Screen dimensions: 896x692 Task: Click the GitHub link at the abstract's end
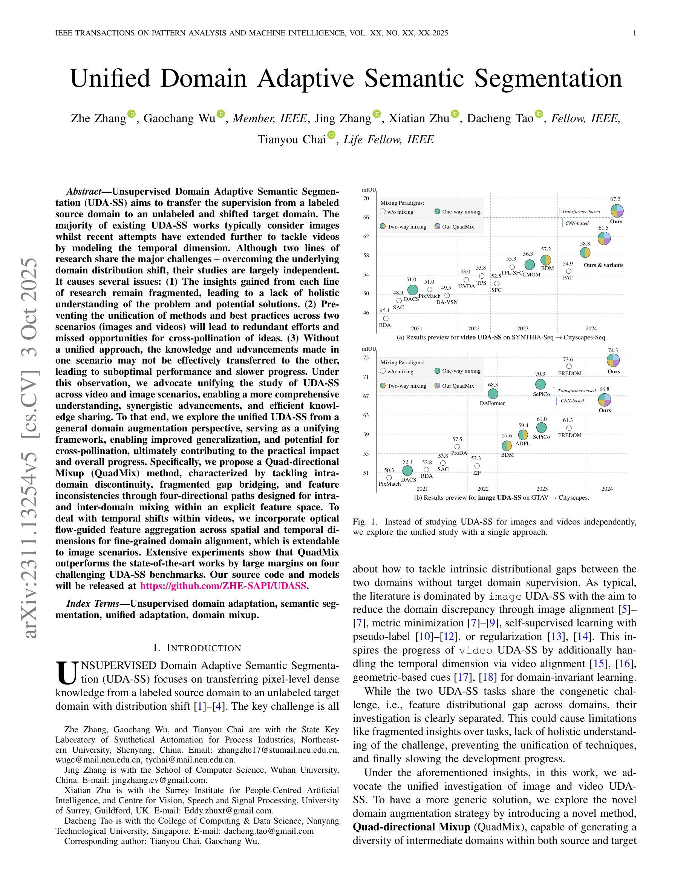pos(223,586)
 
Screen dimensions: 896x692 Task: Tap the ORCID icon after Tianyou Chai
pos(331,135)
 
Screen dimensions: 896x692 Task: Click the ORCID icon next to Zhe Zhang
pos(132,114)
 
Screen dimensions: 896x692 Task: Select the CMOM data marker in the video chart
pos(530,265)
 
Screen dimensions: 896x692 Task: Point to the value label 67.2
pos(615,199)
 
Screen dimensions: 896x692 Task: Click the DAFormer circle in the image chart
pos(493,394)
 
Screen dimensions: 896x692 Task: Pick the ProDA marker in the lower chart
pos(457,446)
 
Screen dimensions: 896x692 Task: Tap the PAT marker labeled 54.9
pos(569,271)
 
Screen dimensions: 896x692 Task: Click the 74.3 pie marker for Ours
pos(613,361)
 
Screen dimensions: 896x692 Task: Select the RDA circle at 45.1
pos(386,318)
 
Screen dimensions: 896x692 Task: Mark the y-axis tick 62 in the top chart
pos(366,237)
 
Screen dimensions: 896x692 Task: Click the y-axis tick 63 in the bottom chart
pos(366,415)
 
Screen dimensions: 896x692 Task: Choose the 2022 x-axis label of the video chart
pos(473,328)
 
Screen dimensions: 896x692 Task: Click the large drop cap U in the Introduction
pos(66,674)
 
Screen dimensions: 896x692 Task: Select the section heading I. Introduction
pos(197,648)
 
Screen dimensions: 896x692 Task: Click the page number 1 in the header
pos(635,33)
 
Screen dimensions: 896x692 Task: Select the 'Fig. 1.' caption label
pos(364,522)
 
